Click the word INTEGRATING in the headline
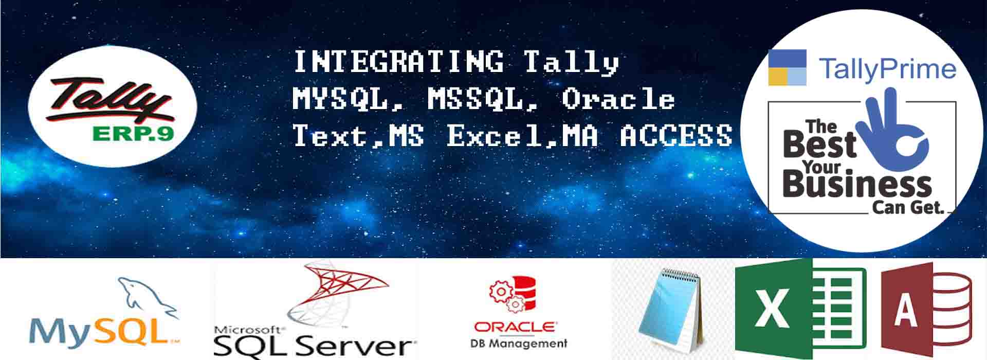[398, 62]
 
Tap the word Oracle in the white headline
[618, 99]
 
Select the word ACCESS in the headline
[676, 136]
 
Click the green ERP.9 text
[133, 134]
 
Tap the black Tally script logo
[109, 100]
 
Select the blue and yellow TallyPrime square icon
[787, 67]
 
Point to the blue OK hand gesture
[893, 127]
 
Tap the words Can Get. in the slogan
[908, 207]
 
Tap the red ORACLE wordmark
[515, 327]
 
